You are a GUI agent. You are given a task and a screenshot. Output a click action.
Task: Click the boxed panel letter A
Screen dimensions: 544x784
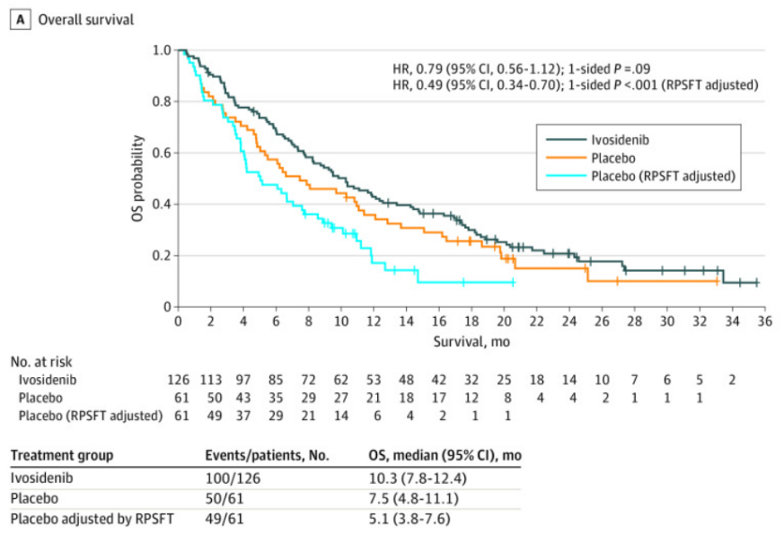(17, 18)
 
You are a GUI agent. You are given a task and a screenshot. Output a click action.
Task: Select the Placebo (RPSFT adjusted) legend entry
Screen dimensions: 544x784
(663, 176)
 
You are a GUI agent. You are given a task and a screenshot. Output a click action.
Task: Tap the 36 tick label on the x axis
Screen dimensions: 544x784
(766, 321)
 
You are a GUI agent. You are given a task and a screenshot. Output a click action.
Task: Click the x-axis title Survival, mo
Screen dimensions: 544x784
(471, 341)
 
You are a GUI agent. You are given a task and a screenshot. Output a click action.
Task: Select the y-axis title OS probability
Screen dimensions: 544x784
(139, 179)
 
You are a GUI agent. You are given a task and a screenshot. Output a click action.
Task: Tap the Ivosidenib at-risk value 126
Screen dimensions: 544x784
(178, 380)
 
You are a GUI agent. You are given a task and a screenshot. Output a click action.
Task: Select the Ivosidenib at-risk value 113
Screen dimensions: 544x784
(210, 380)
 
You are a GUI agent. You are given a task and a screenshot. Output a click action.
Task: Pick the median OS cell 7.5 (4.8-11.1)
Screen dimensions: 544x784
(420, 497)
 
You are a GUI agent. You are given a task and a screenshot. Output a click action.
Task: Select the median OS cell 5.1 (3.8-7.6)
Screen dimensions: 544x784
(418, 518)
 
